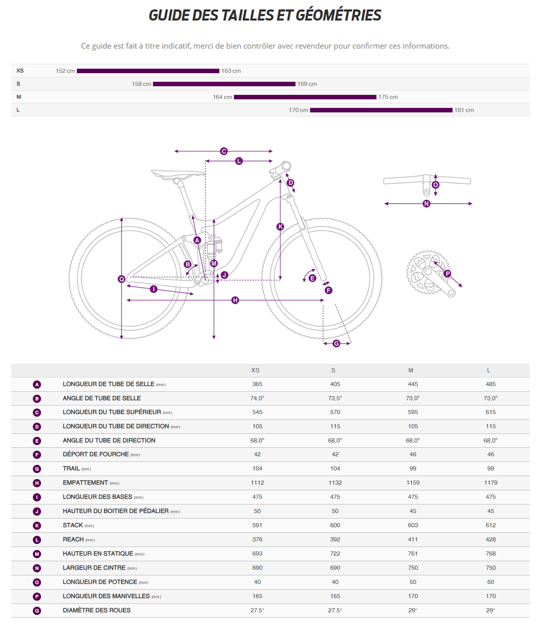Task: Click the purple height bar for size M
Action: (305, 97)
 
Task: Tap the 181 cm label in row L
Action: (464, 110)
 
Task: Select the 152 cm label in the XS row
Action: (65, 71)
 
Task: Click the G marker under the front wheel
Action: (336, 344)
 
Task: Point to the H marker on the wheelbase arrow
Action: (235, 300)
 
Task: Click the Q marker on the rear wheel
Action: (121, 279)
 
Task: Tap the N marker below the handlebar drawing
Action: (426, 203)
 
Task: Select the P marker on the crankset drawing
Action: (447, 274)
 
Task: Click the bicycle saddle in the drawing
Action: (177, 174)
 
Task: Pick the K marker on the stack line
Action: (280, 227)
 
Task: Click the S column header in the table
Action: (333, 370)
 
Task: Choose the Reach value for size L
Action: (491, 540)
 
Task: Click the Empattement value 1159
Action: (413, 483)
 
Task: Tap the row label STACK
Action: (73, 525)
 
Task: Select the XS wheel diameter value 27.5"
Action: (257, 610)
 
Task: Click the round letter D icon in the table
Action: (37, 427)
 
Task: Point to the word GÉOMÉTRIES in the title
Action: (338, 15)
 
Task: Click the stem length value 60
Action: (491, 582)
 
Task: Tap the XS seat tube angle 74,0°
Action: (257, 398)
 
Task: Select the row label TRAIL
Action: (71, 469)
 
